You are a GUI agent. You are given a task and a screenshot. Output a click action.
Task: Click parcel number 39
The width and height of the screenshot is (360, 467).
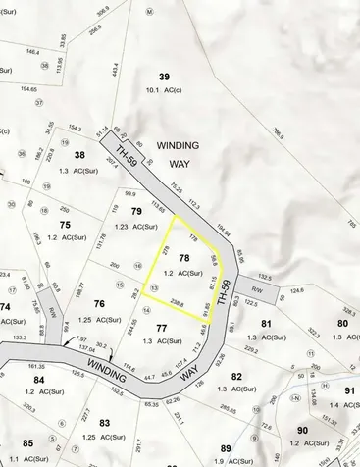[165, 78]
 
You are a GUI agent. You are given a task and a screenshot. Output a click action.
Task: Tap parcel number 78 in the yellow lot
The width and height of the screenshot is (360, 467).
[184, 256]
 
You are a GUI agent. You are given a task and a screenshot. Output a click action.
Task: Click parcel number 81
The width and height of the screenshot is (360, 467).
[266, 323]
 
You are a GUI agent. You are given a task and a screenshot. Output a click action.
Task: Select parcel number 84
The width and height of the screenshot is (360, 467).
[38, 379]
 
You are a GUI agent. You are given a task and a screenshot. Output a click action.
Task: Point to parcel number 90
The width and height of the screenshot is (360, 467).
[303, 430]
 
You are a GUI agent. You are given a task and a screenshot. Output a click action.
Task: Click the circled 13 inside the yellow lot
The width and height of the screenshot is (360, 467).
[153, 285]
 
